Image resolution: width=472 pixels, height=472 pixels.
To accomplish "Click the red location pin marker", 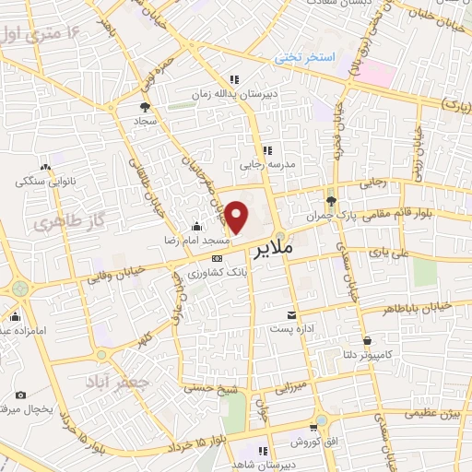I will coord(237,216).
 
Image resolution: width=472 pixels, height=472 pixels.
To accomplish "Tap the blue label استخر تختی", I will coord(307,58).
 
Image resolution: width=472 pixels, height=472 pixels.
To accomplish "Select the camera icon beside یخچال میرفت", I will coord(20,395).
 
